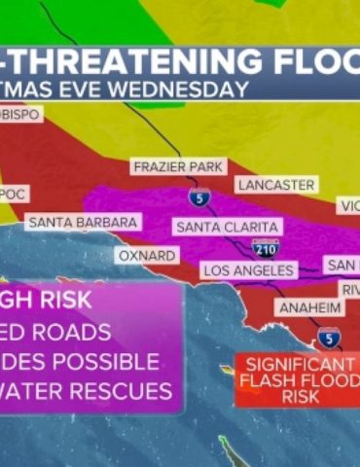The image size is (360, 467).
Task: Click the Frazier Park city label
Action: tap(179, 167)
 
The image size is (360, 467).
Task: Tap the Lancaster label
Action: tap(275, 185)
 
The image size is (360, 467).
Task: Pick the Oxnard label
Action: tap(147, 255)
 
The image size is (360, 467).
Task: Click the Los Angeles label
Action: tap(247, 269)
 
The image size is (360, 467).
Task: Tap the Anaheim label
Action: tap(310, 307)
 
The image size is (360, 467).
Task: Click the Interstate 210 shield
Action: tap(265, 247)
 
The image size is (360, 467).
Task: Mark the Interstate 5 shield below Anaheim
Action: tap(329, 338)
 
